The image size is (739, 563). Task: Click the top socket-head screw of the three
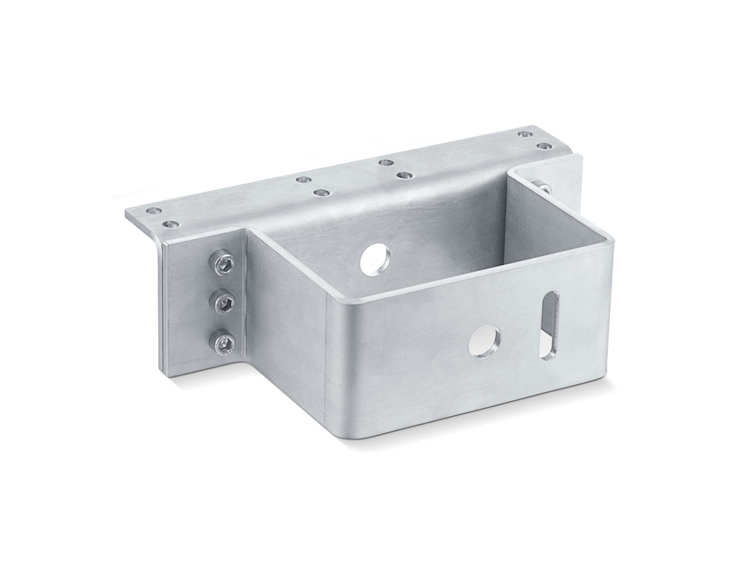(x=225, y=263)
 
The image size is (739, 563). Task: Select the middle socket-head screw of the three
(x=225, y=301)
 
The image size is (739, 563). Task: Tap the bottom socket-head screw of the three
(x=224, y=342)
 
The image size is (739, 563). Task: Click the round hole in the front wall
(x=485, y=340)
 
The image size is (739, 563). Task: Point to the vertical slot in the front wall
(x=549, y=325)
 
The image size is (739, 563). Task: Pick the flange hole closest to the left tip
(x=154, y=211)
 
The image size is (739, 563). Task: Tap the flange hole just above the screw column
(x=171, y=223)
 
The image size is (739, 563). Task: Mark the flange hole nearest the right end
(x=545, y=146)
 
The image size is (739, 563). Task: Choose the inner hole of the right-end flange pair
(x=525, y=134)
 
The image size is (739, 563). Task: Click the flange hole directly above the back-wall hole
(x=403, y=175)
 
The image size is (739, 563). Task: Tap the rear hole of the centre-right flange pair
(x=385, y=162)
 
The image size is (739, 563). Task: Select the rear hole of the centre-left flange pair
(x=302, y=179)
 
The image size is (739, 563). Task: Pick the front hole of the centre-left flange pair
(x=321, y=193)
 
